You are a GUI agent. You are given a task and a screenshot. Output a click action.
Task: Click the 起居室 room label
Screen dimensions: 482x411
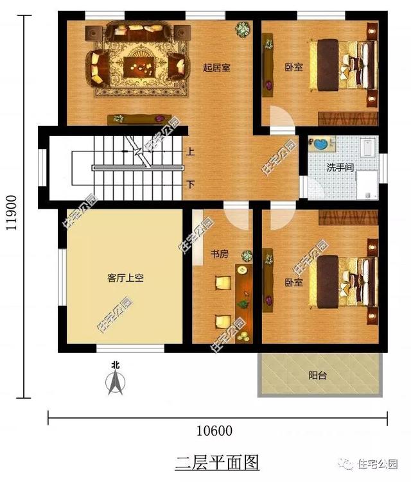click(x=216, y=67)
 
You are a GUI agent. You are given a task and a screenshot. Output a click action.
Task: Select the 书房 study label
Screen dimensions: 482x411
click(x=220, y=254)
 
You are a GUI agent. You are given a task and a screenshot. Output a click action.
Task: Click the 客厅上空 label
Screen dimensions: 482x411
click(x=125, y=278)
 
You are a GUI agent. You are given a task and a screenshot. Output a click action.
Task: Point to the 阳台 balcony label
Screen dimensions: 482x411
click(x=317, y=375)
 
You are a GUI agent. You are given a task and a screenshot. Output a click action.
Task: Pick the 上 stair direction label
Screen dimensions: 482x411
click(x=191, y=153)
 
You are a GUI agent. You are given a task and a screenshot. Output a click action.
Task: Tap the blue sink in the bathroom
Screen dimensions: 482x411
click(x=319, y=144)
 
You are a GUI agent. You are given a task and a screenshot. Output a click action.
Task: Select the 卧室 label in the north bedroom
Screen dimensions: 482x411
click(x=293, y=67)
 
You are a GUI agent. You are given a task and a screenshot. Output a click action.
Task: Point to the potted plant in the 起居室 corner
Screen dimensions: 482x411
click(x=243, y=29)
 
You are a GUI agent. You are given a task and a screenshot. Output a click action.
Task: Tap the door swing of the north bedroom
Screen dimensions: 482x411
click(x=280, y=117)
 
